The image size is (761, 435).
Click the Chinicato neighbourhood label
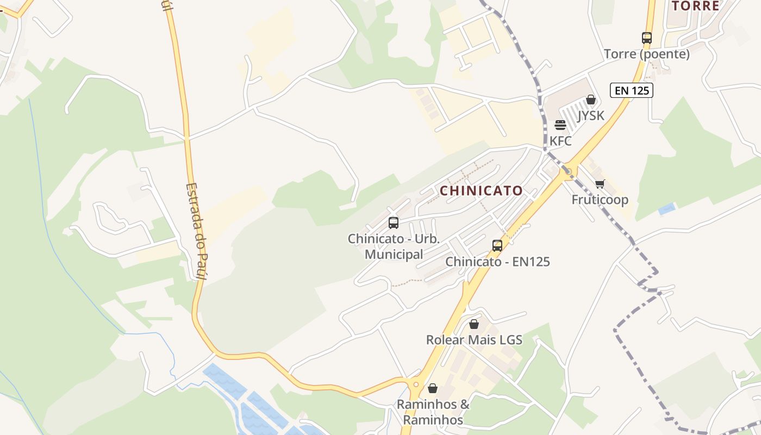[481, 191]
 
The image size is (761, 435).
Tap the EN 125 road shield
[631, 90]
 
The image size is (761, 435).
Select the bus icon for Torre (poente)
[646, 38]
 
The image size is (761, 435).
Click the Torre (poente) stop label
[646, 54]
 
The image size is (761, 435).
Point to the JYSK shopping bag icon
[591, 100]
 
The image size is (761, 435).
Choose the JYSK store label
[591, 116]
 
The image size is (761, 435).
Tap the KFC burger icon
[560, 125]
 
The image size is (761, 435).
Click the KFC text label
[560, 141]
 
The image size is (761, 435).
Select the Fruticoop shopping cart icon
[600, 184]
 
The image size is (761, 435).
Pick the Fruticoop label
[600, 200]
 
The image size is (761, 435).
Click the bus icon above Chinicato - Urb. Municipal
[394, 222]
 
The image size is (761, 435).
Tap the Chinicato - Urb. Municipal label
[394, 246]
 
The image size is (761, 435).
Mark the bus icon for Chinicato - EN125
[497, 245]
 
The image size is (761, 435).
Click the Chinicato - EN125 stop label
[497, 262]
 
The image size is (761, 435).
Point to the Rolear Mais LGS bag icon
[474, 324]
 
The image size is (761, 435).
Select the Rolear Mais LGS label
[474, 340]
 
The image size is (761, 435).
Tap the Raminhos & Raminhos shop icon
[433, 388]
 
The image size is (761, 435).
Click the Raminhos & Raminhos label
[433, 412]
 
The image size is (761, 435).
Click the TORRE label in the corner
[695, 6]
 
